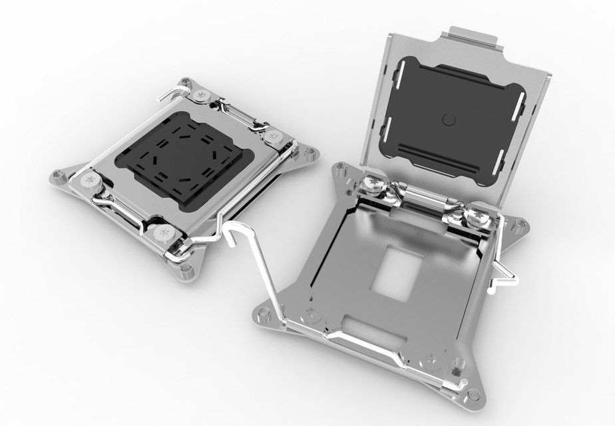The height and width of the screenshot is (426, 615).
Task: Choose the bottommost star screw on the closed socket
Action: [164, 232]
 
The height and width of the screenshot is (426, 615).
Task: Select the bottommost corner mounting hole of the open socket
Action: [473, 395]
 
